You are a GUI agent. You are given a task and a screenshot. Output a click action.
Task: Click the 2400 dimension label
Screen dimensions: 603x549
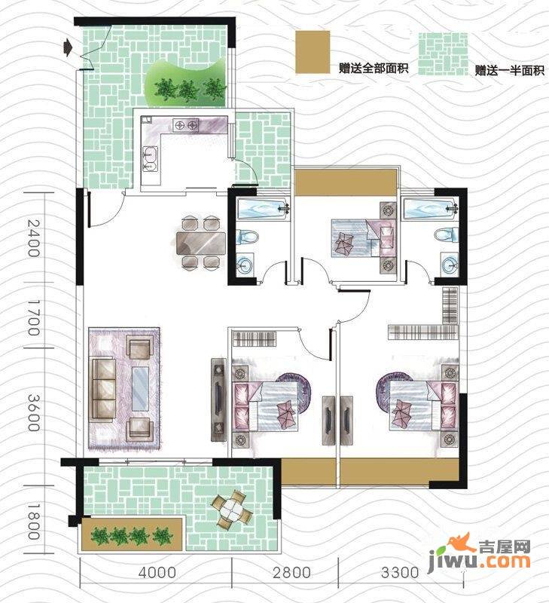[x=32, y=238]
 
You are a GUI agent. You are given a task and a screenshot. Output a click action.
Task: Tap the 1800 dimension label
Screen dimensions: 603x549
[x=32, y=520]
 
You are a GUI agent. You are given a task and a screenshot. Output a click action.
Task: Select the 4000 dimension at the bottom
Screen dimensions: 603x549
[x=158, y=573]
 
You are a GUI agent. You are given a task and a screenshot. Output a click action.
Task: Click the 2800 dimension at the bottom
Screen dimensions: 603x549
[x=292, y=573]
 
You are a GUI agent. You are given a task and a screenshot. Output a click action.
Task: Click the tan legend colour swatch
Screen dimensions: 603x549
[x=313, y=53]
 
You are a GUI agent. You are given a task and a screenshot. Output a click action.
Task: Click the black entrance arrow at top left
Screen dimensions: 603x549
[x=69, y=48]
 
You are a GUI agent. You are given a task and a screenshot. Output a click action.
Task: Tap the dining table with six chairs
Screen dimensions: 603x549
[x=201, y=242]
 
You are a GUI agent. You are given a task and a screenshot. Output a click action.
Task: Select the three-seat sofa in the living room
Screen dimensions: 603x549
[x=103, y=389]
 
